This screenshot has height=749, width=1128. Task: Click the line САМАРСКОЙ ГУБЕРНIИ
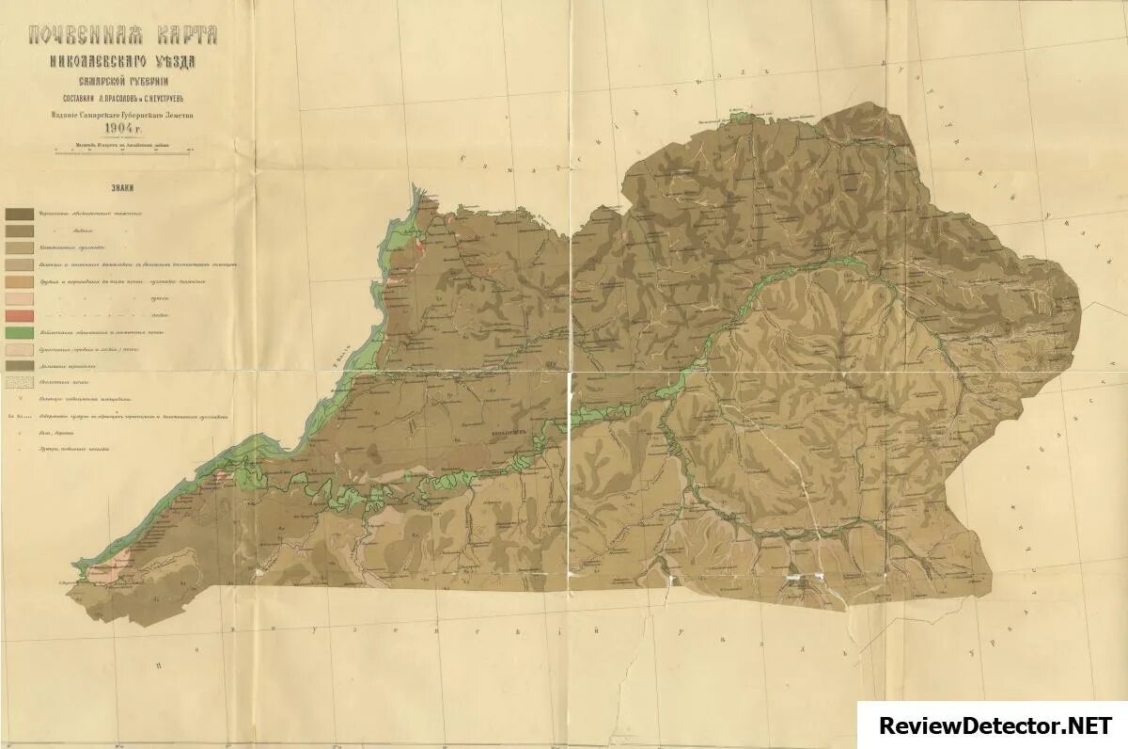tap(123, 82)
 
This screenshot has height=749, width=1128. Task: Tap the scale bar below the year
tap(123, 151)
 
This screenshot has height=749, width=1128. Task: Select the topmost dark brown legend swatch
tap(20, 215)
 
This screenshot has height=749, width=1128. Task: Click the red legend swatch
tap(20, 315)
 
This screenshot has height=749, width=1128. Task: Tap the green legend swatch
tap(20, 332)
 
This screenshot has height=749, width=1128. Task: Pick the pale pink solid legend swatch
tap(20, 298)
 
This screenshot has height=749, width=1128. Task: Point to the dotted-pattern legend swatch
tap(20, 383)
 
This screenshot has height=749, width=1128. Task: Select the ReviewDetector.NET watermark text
tap(995, 725)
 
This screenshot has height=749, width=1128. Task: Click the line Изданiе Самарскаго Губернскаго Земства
tap(123, 115)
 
